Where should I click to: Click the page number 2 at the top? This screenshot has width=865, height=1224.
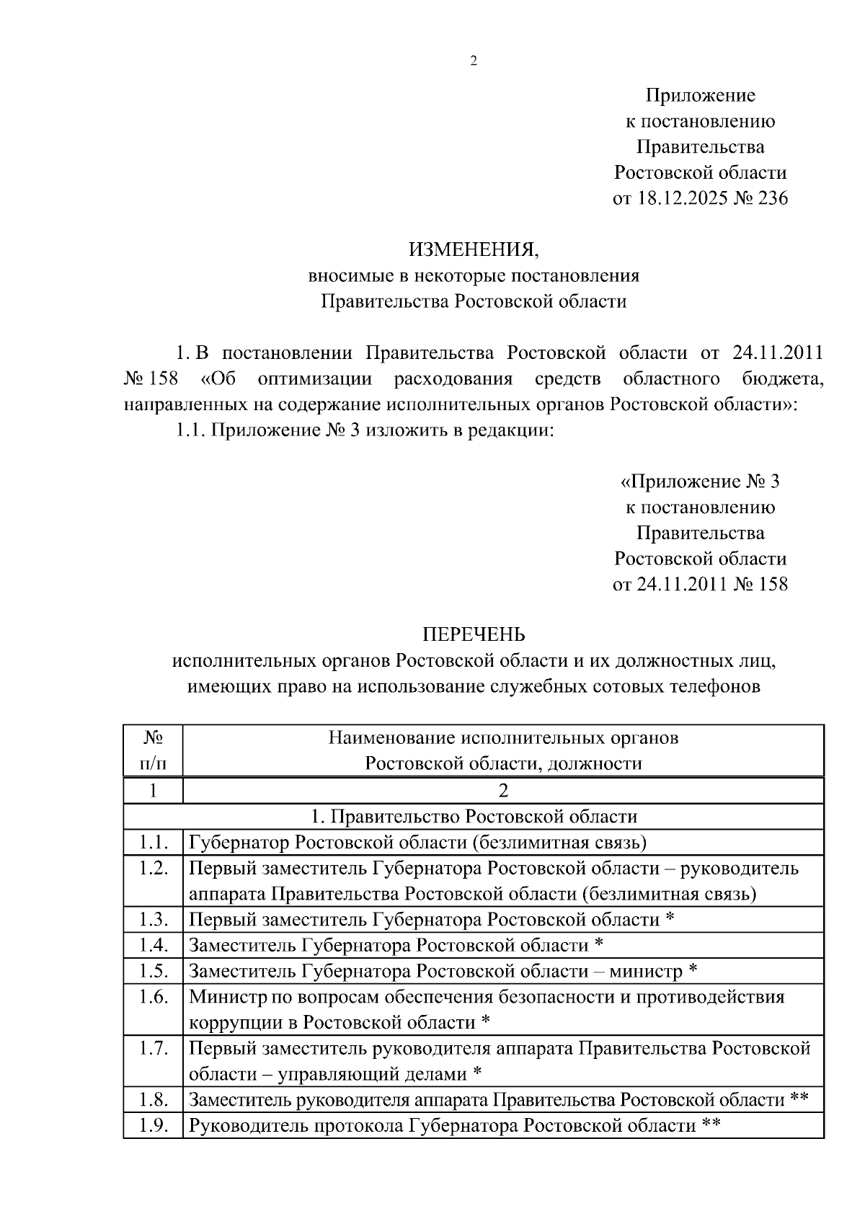coord(474,61)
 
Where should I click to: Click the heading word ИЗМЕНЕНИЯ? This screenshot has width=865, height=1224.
coord(474,249)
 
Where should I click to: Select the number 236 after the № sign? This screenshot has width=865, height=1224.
coord(773,198)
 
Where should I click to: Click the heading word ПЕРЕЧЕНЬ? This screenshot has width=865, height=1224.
coord(474,634)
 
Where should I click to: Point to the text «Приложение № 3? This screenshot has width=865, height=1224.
coord(700,481)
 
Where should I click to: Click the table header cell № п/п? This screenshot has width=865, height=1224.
coord(153,750)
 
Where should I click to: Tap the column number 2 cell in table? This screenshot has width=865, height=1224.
coord(503,791)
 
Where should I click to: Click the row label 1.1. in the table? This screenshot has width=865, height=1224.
coord(153,842)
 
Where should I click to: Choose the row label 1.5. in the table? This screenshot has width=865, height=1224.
coord(153,971)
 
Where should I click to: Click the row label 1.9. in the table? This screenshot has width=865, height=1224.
coord(153,1125)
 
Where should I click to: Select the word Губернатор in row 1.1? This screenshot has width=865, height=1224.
coord(239,842)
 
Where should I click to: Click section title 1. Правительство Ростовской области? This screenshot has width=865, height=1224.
coord(474,817)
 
